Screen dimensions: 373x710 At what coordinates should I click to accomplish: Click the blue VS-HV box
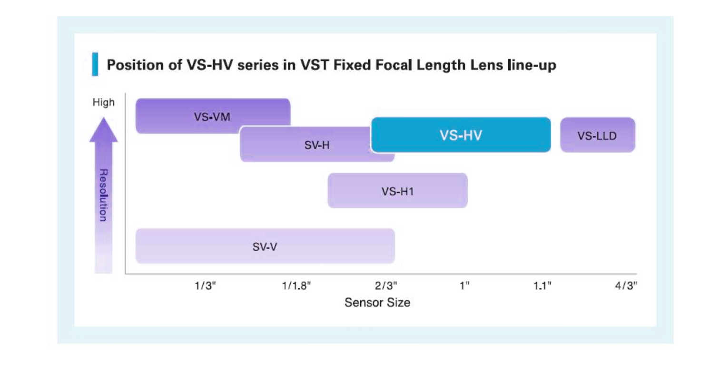[x=461, y=135]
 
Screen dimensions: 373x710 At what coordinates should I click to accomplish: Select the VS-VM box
[x=212, y=116]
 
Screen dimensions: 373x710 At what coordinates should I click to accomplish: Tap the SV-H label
[x=317, y=145]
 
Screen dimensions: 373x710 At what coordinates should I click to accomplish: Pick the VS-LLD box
[x=597, y=135]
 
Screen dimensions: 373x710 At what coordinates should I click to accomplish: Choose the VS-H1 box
[x=397, y=191]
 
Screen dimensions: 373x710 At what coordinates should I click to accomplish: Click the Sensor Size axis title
[x=377, y=303]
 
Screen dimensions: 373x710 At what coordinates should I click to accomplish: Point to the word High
[x=103, y=102]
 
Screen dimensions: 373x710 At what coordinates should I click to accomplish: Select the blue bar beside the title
[x=95, y=65]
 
